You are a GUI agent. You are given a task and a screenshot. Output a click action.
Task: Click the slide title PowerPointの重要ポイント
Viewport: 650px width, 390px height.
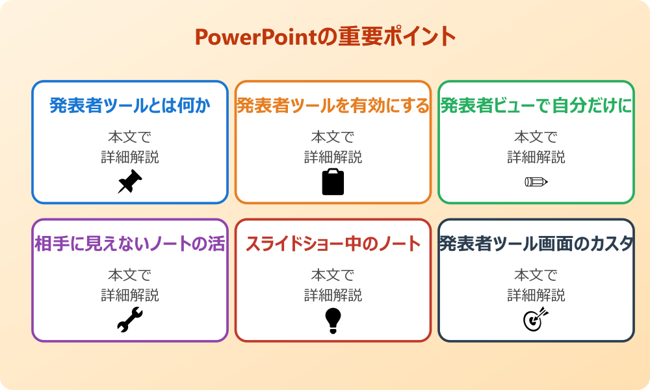(325, 37)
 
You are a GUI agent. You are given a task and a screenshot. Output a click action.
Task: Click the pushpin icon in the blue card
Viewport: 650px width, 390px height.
(130, 182)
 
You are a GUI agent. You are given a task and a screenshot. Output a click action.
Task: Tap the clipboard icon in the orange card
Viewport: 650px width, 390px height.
(333, 182)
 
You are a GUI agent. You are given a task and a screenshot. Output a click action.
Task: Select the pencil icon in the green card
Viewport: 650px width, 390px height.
(536, 181)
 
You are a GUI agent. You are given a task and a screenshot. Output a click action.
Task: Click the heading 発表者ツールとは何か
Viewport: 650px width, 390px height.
(130, 105)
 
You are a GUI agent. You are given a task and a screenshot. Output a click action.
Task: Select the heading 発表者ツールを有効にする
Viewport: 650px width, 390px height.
(333, 105)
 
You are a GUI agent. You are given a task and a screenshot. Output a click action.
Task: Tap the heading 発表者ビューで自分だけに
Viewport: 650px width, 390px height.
(536, 105)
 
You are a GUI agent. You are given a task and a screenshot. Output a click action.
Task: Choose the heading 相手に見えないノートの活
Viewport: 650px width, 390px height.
(130, 244)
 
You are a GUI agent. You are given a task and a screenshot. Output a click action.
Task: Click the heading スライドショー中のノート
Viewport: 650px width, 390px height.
(333, 244)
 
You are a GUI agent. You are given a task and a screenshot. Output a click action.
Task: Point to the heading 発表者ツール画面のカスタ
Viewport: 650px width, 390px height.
(536, 244)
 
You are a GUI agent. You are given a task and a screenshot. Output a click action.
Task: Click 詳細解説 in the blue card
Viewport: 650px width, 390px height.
(130, 157)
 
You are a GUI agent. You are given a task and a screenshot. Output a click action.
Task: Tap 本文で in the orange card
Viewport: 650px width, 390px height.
(333, 137)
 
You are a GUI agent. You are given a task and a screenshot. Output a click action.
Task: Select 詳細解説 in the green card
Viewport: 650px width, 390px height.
(536, 157)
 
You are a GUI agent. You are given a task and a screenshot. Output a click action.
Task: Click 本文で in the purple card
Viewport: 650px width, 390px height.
(130, 276)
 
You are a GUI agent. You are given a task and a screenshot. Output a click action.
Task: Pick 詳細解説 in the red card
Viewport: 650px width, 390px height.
(333, 295)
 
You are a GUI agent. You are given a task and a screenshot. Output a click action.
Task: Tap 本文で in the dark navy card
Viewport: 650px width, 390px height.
(536, 276)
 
